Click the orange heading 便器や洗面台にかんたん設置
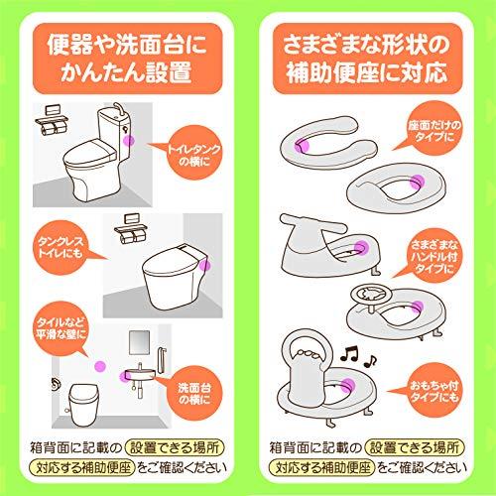tap(122, 61)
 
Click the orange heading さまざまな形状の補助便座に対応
tap(370, 61)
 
